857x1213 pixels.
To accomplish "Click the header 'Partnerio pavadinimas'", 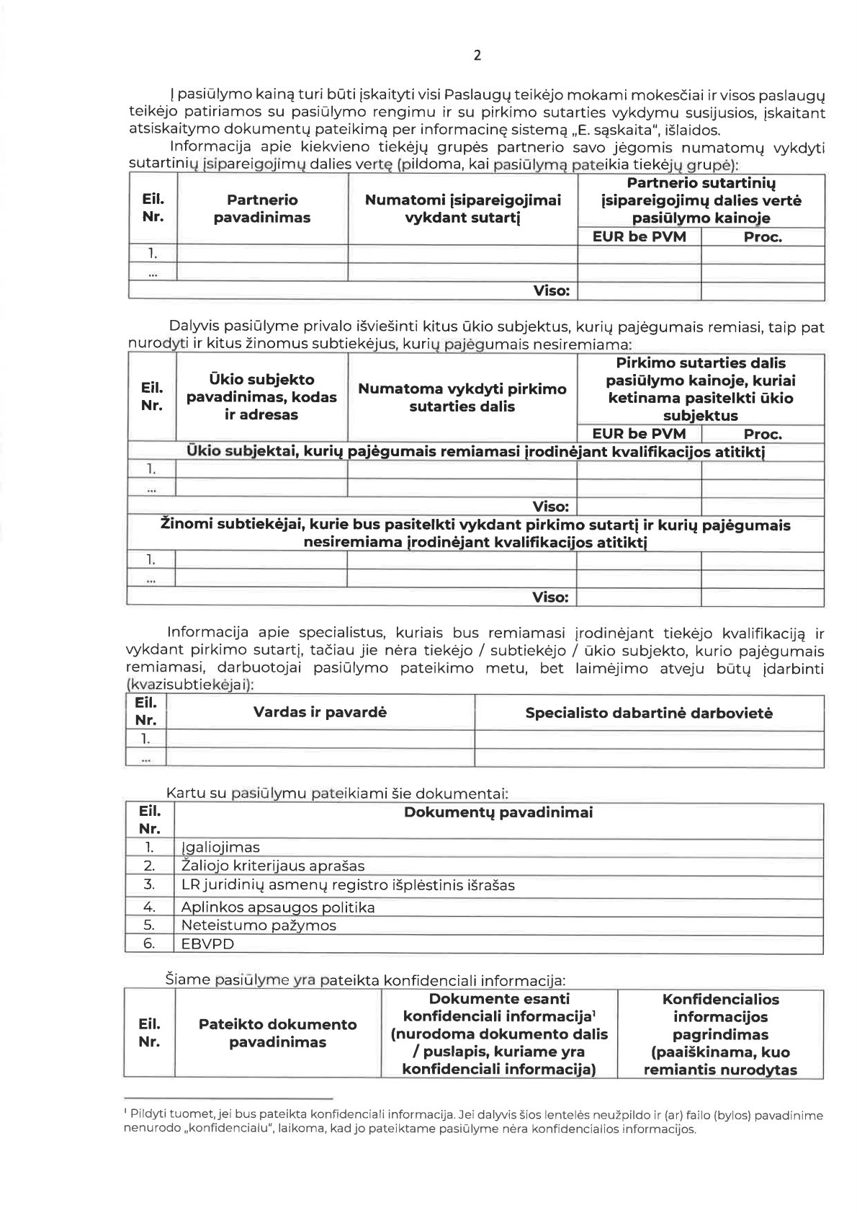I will point(261,208).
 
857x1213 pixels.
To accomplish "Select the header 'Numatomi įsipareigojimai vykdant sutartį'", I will point(462,208).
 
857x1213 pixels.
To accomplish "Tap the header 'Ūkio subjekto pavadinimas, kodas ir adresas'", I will point(261,397).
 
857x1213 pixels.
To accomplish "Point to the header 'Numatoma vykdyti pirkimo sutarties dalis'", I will point(462,397).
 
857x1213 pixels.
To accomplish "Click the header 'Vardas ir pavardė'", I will point(320,712).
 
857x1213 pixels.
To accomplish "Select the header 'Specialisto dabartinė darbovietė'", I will point(649,713).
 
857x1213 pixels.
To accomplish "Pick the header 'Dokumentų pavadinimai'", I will point(498,812).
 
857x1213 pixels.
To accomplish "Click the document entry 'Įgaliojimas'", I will point(221,848).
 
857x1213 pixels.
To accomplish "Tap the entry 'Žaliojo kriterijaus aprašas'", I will point(273,866).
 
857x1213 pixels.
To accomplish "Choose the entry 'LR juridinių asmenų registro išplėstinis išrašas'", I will point(348,884).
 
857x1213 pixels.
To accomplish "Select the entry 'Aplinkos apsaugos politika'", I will point(278,907).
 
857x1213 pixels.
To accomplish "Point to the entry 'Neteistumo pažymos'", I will point(259,925).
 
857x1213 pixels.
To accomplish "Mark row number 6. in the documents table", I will point(149,943).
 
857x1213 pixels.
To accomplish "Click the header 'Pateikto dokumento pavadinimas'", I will point(277,1033).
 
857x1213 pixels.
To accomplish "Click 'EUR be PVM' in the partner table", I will point(639,236).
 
